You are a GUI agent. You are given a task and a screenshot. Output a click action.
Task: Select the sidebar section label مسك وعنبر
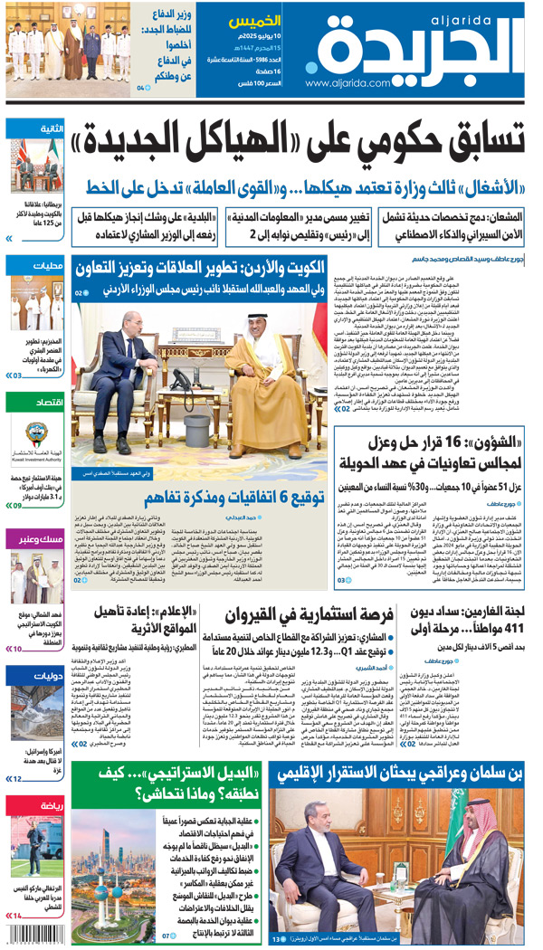41,540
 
